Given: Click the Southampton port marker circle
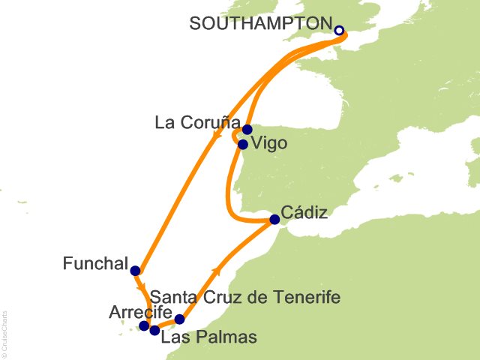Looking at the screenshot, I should (x=339, y=31).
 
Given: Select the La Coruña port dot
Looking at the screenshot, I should (x=247, y=129).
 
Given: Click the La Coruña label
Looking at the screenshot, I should (x=197, y=122).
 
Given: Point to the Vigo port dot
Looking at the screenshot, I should (x=242, y=144).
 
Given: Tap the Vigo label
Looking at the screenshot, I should (x=271, y=143).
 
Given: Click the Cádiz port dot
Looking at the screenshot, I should (x=274, y=220).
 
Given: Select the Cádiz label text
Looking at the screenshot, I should (x=305, y=213).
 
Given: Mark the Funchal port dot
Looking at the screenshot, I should (x=135, y=271).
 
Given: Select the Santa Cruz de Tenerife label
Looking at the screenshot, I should (x=244, y=298).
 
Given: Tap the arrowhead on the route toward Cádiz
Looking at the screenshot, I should (x=217, y=270).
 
